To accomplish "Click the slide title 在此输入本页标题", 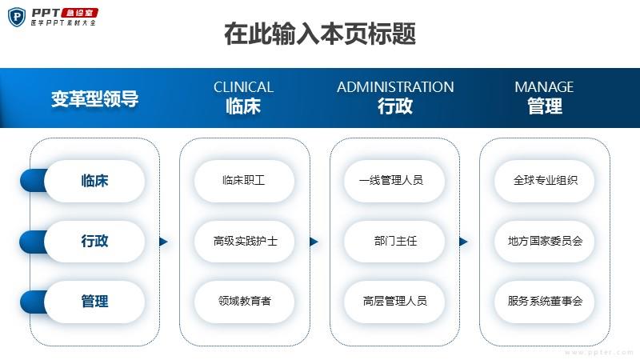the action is pyautogui.click(x=320, y=34).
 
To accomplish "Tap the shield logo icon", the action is pyautogui.click(x=17, y=17).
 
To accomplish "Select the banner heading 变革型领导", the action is pyautogui.click(x=94, y=98).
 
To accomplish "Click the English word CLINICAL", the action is pyautogui.click(x=243, y=87).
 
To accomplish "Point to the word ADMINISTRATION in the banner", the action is pyautogui.click(x=395, y=87).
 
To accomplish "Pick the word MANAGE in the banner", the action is pyautogui.click(x=544, y=87).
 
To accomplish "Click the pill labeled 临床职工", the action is pyautogui.click(x=244, y=181).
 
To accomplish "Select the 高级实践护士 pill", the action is pyautogui.click(x=244, y=241).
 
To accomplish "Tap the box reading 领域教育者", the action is pyautogui.click(x=244, y=302).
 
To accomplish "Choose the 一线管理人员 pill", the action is pyautogui.click(x=394, y=181).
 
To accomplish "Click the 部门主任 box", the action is pyautogui.click(x=394, y=241).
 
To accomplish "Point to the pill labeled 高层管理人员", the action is pyautogui.click(x=394, y=302).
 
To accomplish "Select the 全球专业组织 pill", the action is pyautogui.click(x=545, y=181).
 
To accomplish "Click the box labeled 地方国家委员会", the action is pyautogui.click(x=545, y=241).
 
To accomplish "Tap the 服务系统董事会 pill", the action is pyautogui.click(x=545, y=302).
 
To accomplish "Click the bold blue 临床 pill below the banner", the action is pyautogui.click(x=94, y=181).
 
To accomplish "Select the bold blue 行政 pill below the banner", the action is pyautogui.click(x=94, y=241).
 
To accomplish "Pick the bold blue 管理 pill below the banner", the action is pyautogui.click(x=94, y=302).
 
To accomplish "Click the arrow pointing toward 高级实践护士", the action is pyautogui.click(x=163, y=242).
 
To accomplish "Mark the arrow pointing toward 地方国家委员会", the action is pyautogui.click(x=463, y=242).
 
